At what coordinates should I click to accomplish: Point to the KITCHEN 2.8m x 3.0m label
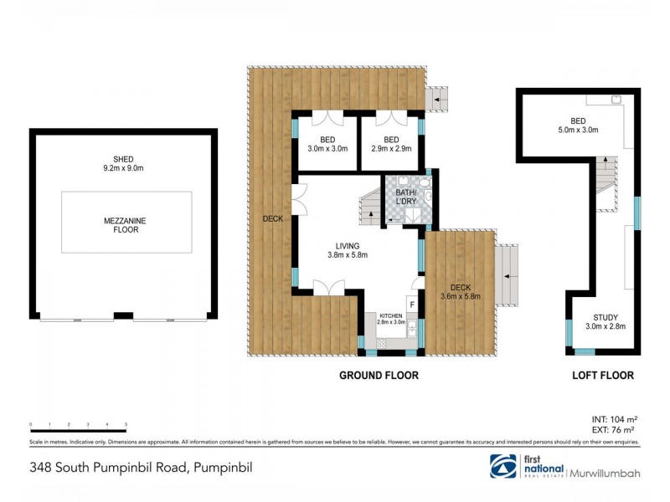[390, 319]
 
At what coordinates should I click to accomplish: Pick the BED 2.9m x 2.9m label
[391, 144]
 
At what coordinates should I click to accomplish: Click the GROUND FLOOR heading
[379, 376]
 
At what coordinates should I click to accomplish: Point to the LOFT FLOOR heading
[602, 376]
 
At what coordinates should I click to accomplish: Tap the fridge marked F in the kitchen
[412, 305]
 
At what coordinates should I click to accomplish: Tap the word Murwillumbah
[606, 474]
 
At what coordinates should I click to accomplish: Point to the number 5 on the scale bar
[126, 425]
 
